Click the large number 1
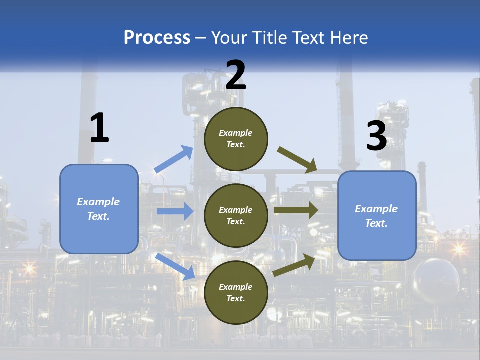click(99, 128)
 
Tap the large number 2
click(236, 75)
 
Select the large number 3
click(376, 136)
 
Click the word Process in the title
click(157, 37)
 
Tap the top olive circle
click(236, 139)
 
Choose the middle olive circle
click(236, 215)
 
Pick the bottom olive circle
click(236, 292)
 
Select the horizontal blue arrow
click(175, 211)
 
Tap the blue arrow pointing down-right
click(176, 266)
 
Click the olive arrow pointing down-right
click(298, 160)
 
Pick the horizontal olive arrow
click(296, 210)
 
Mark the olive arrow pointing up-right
click(294, 265)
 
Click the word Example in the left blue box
click(98, 202)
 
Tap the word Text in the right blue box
click(376, 223)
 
